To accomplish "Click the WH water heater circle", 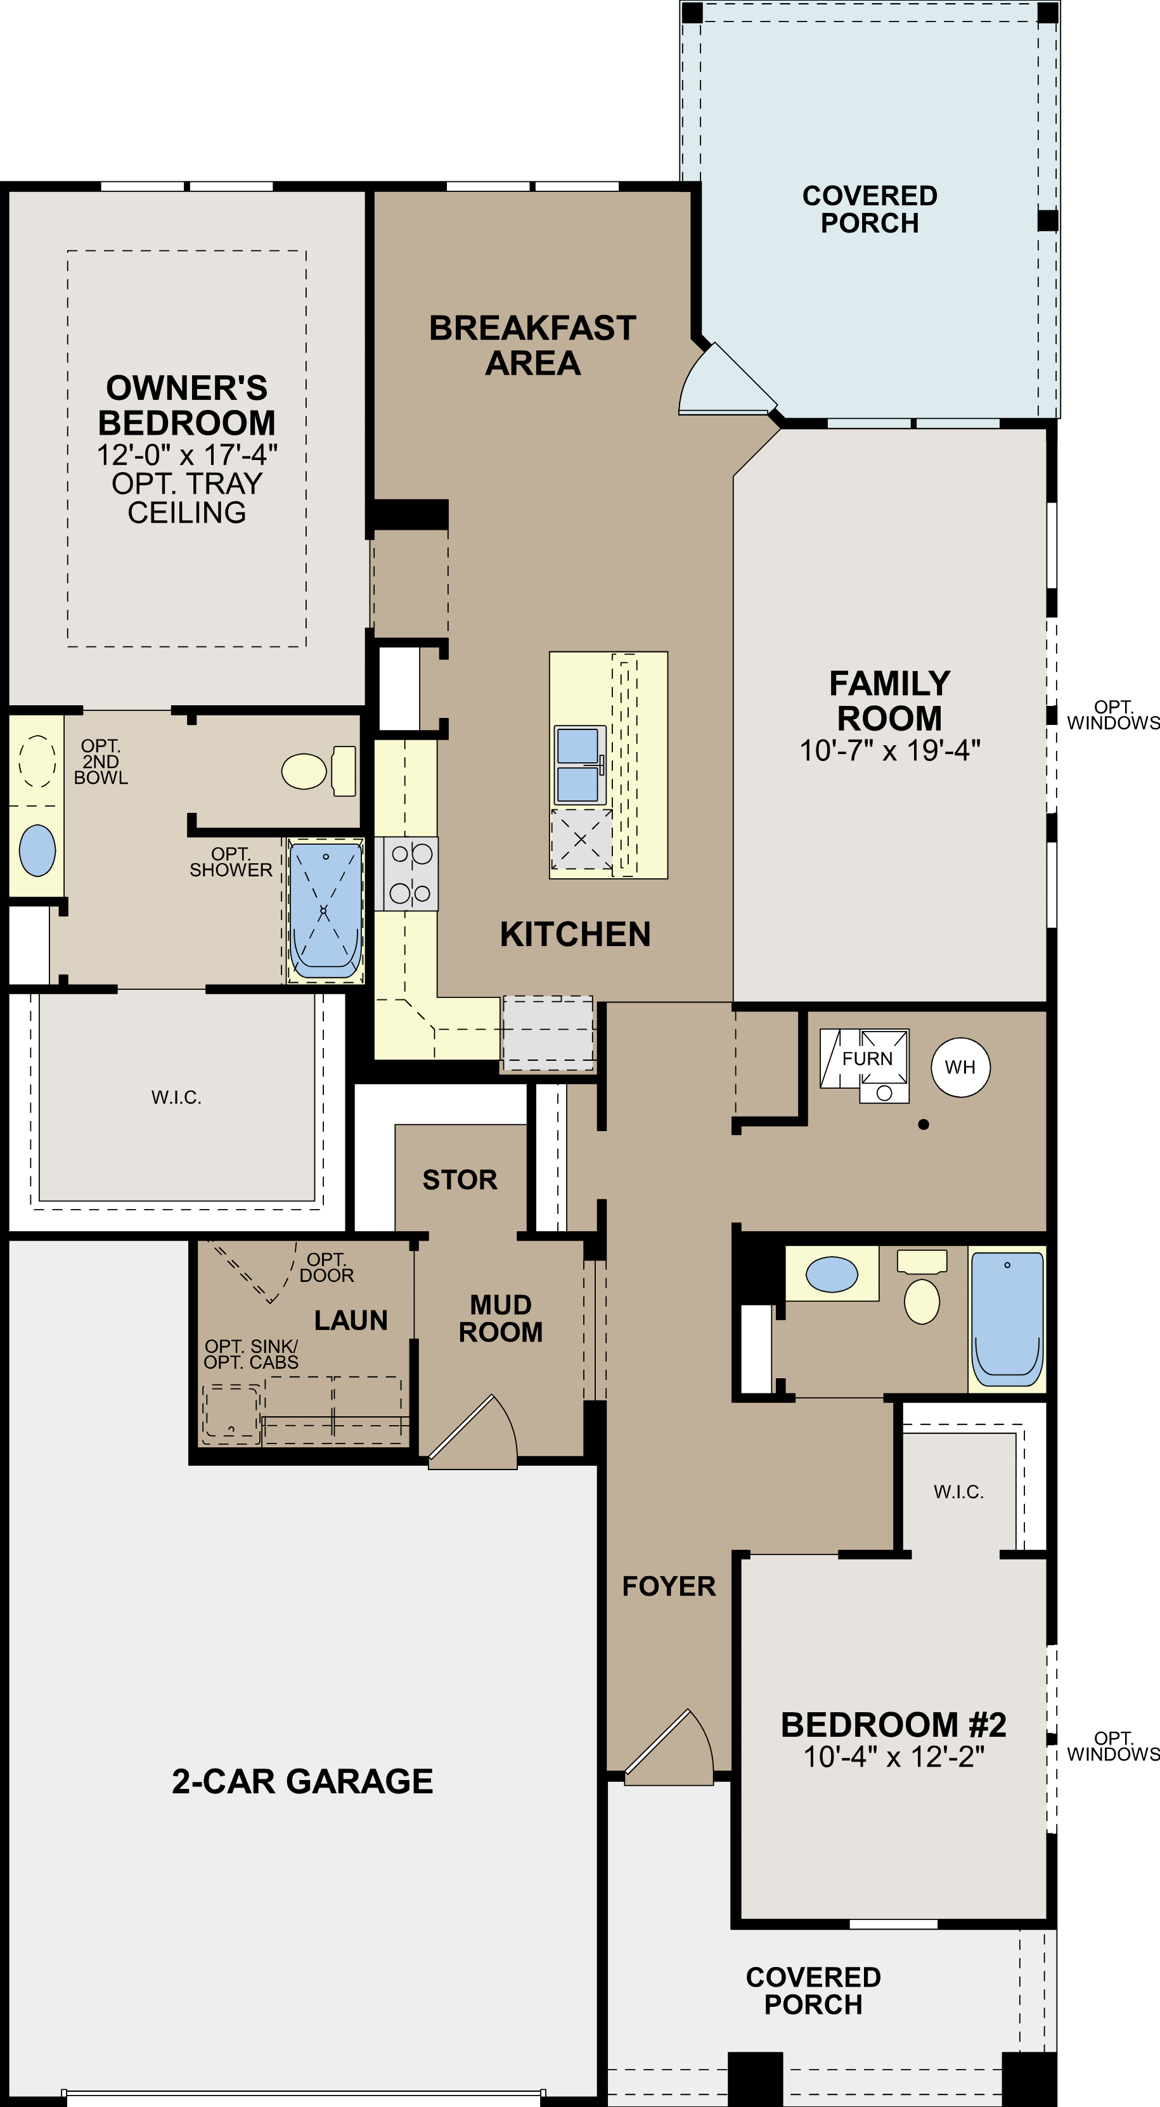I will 960,1066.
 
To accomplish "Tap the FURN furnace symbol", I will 865,1060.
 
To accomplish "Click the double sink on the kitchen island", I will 578,764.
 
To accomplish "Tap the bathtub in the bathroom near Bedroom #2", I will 1007,1319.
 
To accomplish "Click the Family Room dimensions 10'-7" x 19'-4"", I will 889,750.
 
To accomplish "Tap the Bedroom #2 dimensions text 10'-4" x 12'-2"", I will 893,1756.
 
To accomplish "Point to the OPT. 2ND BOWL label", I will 101,762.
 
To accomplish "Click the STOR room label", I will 460,1179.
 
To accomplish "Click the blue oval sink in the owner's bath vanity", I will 37,850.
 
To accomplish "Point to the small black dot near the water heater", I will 924,1125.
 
